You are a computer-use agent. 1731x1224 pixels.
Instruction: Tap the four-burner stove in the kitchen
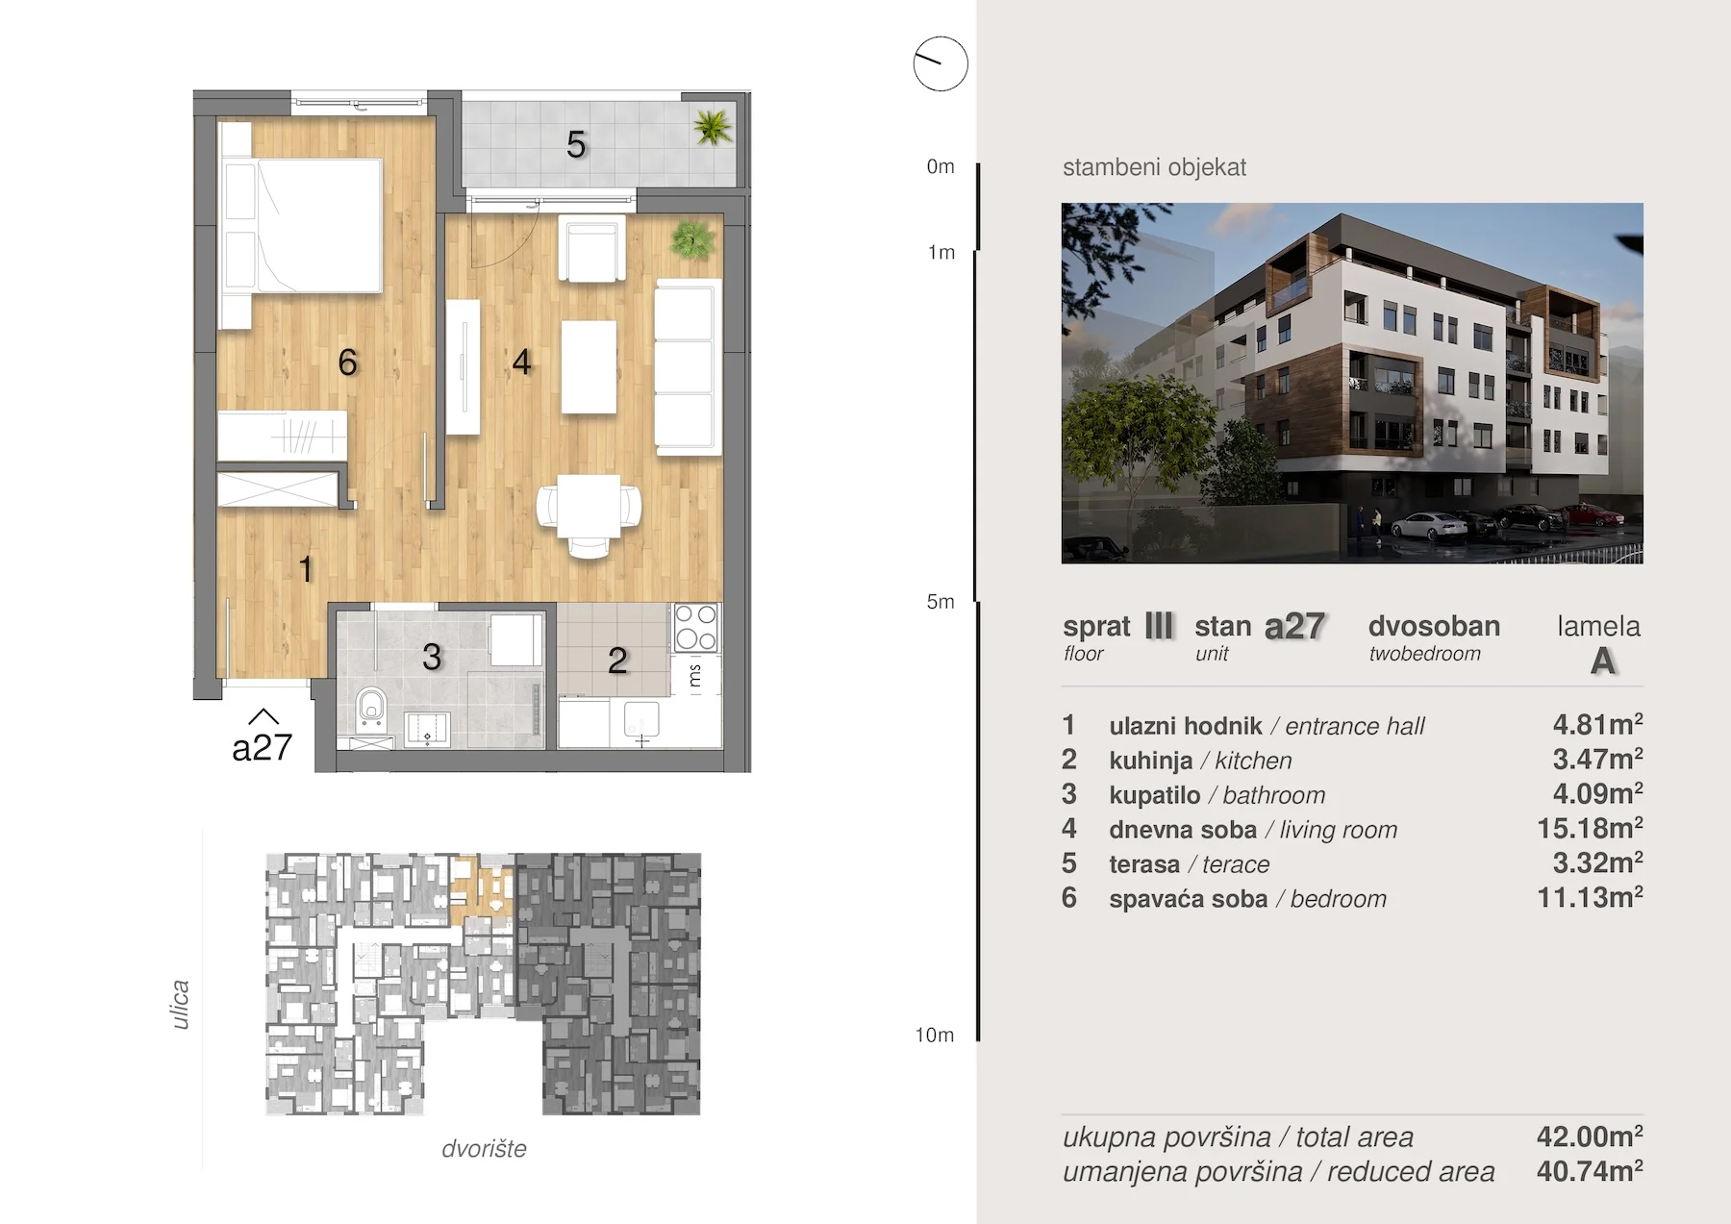click(x=695, y=627)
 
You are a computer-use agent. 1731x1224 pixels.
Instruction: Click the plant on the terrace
click(x=713, y=127)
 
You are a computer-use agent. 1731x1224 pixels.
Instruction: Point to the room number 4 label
click(x=521, y=362)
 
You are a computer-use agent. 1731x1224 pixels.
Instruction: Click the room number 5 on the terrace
click(x=576, y=145)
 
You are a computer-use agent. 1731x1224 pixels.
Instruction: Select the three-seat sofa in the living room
click(x=687, y=367)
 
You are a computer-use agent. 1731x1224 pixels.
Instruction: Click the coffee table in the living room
click(x=589, y=366)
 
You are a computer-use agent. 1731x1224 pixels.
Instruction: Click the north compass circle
click(x=940, y=63)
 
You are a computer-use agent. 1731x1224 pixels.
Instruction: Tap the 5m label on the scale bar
click(x=941, y=602)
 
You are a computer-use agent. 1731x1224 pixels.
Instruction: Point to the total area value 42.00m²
click(x=1590, y=1136)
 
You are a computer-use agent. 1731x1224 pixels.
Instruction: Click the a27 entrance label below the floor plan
click(x=262, y=747)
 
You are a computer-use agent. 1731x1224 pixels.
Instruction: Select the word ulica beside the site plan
click(x=180, y=1005)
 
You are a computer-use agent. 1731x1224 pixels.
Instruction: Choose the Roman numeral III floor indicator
click(x=1159, y=626)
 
